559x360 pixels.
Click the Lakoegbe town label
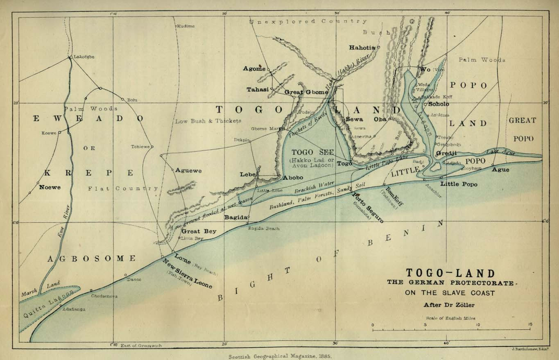[x=84, y=57]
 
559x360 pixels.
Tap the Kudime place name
[x=186, y=26]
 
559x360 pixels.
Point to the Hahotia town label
[x=362, y=48]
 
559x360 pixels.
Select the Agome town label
[x=254, y=68]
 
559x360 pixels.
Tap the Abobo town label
[x=293, y=178]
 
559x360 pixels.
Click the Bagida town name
[x=235, y=217]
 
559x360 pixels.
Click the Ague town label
[x=500, y=170]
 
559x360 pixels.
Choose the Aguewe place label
[x=188, y=170]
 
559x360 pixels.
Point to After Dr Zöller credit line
[x=450, y=304]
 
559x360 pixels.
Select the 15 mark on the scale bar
[x=530, y=325]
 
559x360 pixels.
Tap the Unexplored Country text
[x=308, y=21]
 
